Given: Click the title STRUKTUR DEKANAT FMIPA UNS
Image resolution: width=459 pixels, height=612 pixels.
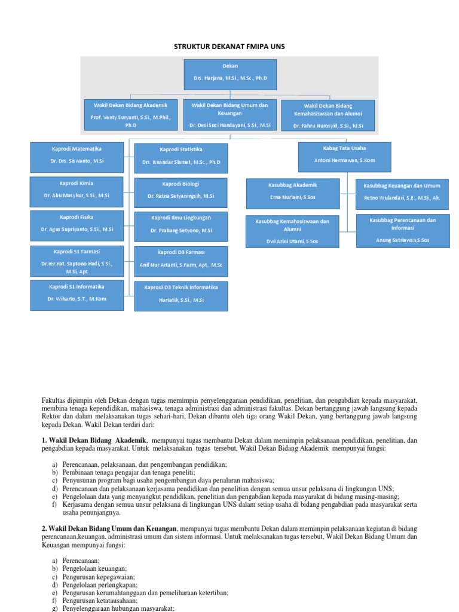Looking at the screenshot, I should [230, 47].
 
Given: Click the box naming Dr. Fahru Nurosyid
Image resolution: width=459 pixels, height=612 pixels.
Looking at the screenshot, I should [328, 115].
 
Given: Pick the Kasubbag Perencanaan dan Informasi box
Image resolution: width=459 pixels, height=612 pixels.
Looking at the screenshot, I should [402, 230].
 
